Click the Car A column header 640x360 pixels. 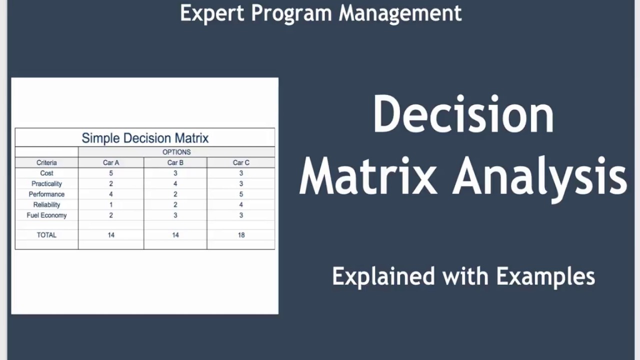111,162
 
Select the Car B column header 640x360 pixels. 175,162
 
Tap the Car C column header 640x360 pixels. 241,162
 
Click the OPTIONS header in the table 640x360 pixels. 176,152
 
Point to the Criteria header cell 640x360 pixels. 46,162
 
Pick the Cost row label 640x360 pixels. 46,173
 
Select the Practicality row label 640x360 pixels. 46,183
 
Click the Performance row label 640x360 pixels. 46,194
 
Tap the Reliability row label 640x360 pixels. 46,204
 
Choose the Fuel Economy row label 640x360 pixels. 46,215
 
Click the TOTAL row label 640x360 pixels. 46,235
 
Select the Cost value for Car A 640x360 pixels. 111,173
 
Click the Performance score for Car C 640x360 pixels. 241,194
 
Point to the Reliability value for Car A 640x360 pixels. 111,204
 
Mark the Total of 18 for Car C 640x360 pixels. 241,235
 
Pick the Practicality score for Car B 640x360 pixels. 175,183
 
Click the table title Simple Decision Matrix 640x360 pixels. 145,138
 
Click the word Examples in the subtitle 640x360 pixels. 545,276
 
